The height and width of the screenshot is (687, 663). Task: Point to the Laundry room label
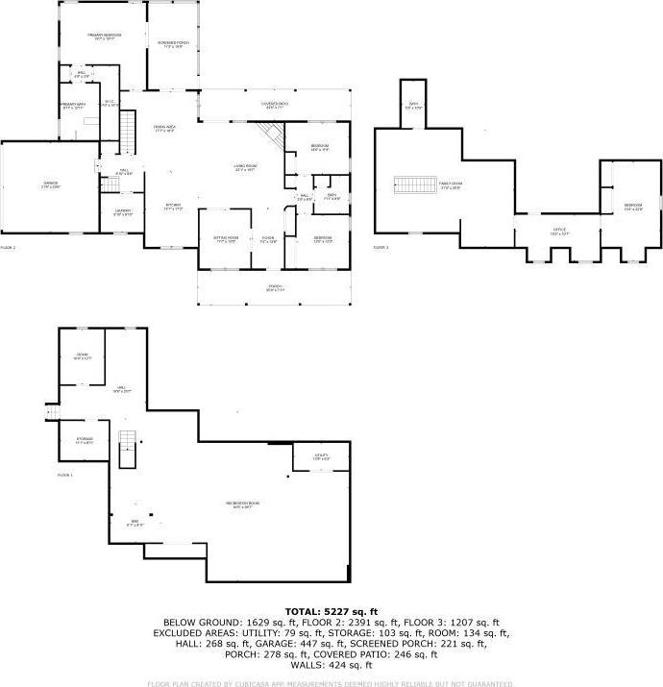pyautogui.click(x=123, y=212)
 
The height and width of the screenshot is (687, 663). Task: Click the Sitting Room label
pyautogui.click(x=226, y=240)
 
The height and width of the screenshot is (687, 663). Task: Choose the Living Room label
pyautogui.click(x=244, y=167)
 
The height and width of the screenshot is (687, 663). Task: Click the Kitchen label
pyautogui.click(x=172, y=206)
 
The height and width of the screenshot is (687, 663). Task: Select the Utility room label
pyautogui.click(x=322, y=456)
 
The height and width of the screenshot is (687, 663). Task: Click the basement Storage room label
pyautogui.click(x=85, y=441)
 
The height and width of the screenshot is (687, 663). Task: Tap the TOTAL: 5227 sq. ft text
pyautogui.click(x=331, y=611)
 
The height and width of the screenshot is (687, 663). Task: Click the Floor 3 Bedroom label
pyautogui.click(x=631, y=206)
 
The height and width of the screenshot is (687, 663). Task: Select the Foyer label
pyautogui.click(x=268, y=240)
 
